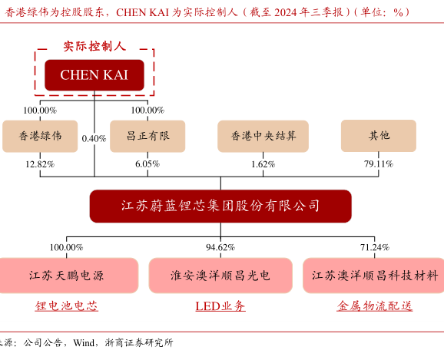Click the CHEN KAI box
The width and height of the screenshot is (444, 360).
pyautogui.click(x=94, y=75)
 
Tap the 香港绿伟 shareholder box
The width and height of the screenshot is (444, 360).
pyautogui.click(x=40, y=136)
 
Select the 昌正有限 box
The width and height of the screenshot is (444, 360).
pyautogui.click(x=147, y=136)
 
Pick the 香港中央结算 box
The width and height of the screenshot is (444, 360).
pyautogui.click(x=263, y=136)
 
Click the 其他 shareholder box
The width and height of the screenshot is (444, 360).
pyautogui.click(x=379, y=136)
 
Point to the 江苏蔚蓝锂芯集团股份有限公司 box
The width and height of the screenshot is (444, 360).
pyautogui.click(x=220, y=206)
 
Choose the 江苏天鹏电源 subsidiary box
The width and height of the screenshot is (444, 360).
pyautogui.click(x=67, y=276)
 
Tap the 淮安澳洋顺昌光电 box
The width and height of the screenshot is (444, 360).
pyautogui.click(x=220, y=276)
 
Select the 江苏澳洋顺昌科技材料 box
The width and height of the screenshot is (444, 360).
pyautogui.click(x=374, y=276)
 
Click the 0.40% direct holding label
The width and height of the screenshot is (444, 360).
pyautogui.click(x=94, y=139)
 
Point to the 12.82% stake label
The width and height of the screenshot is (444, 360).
pyautogui.click(x=40, y=164)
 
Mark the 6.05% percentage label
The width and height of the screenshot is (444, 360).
pyautogui.click(x=147, y=163)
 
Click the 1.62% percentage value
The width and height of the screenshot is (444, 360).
pyautogui.click(x=263, y=164)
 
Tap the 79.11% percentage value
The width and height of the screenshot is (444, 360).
pyautogui.click(x=379, y=163)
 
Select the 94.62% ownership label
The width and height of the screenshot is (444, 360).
pyautogui.click(x=220, y=247)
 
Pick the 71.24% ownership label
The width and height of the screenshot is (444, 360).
pyautogui.click(x=375, y=247)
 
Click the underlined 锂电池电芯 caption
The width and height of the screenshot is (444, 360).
pyautogui.click(x=67, y=306)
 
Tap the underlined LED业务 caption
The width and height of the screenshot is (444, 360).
pyautogui.click(x=220, y=306)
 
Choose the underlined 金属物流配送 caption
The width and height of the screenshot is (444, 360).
pyautogui.click(x=375, y=306)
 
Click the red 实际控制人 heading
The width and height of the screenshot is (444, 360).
pyautogui.click(x=94, y=46)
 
